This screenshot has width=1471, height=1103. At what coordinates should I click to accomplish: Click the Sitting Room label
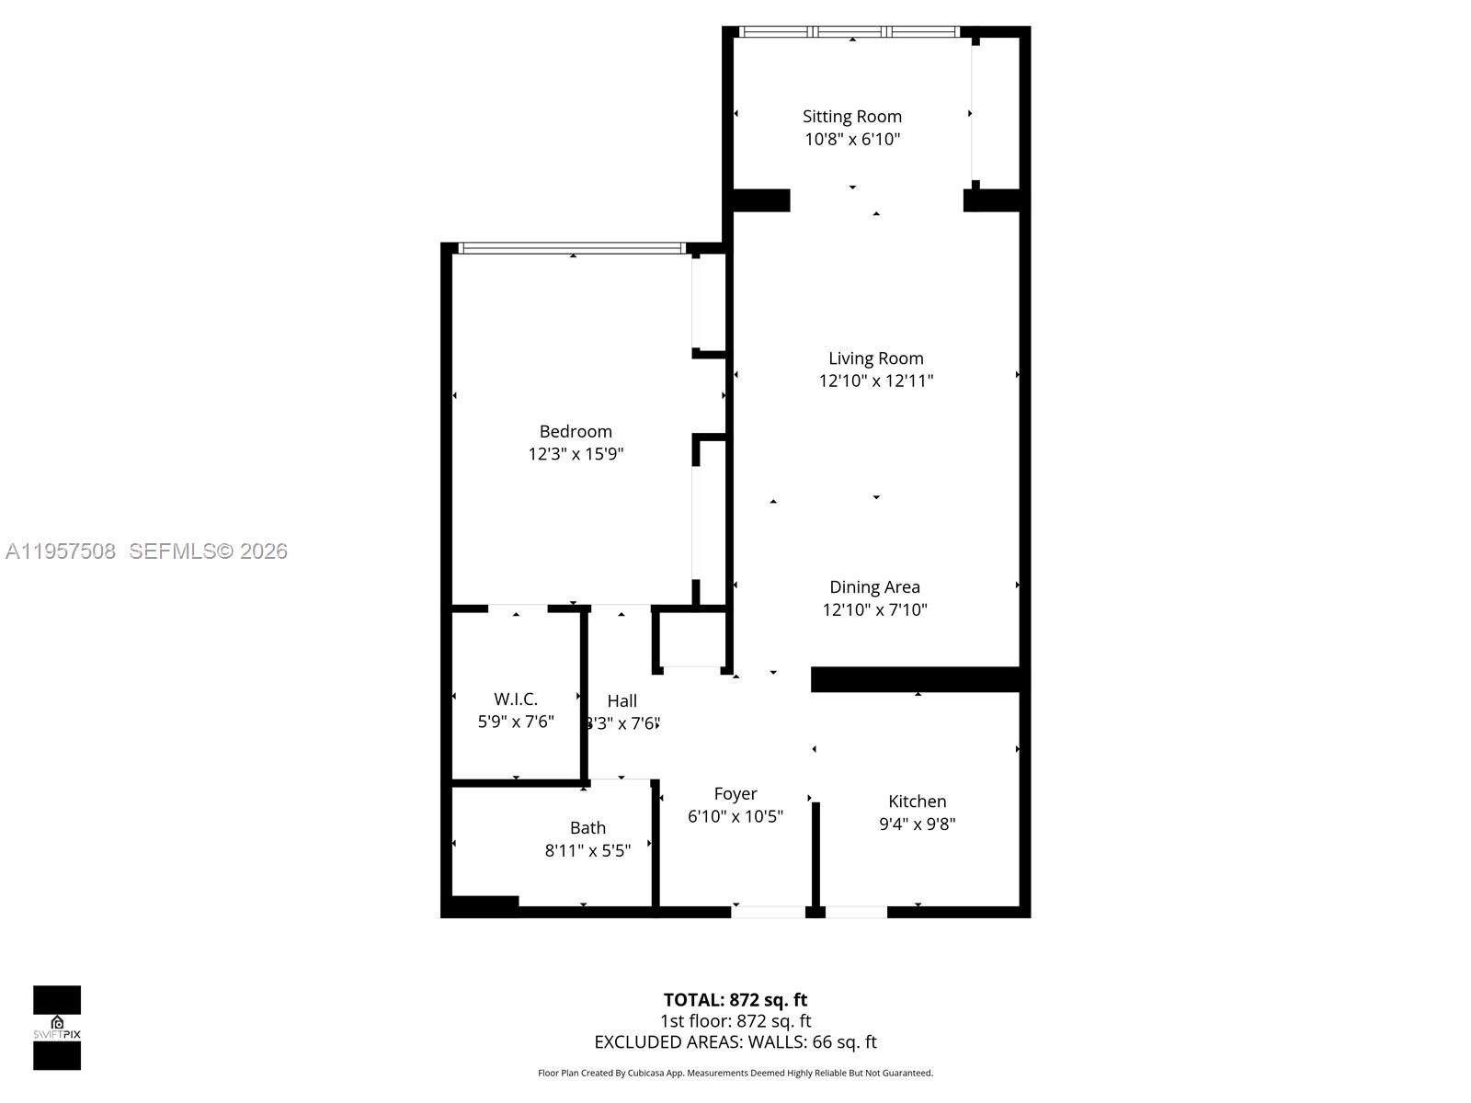(x=851, y=117)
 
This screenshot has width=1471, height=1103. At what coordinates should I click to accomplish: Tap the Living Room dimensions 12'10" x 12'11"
(x=875, y=381)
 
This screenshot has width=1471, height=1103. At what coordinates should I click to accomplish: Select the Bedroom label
(x=576, y=431)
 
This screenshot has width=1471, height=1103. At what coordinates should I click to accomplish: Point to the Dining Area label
(x=874, y=586)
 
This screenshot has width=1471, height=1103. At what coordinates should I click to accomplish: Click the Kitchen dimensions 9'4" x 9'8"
(x=917, y=824)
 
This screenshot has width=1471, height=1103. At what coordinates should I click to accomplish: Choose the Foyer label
(x=735, y=793)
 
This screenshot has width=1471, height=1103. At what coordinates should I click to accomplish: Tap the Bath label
(x=587, y=827)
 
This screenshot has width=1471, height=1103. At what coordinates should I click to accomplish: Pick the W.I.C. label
(x=516, y=699)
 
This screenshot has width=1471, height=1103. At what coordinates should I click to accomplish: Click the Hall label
(x=621, y=700)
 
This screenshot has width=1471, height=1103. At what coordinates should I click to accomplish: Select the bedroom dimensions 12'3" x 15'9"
(x=576, y=454)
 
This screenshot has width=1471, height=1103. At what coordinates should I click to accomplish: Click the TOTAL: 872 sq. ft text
(x=735, y=999)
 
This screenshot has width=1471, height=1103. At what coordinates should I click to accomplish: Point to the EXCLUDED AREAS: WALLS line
(x=735, y=1041)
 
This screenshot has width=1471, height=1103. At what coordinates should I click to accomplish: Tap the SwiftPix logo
(x=57, y=1028)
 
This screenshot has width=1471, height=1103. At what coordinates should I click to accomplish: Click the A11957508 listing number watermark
(x=61, y=551)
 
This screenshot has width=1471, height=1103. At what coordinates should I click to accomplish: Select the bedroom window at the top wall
(x=572, y=247)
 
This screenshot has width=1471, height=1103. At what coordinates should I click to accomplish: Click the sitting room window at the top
(x=850, y=31)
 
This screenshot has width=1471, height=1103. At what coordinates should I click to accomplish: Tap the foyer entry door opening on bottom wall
(x=769, y=912)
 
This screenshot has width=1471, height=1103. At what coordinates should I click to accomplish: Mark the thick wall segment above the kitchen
(x=916, y=679)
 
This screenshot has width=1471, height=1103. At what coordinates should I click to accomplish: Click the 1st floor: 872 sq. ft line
(x=735, y=1020)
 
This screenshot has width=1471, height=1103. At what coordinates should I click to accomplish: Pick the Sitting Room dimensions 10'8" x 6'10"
(x=851, y=140)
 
